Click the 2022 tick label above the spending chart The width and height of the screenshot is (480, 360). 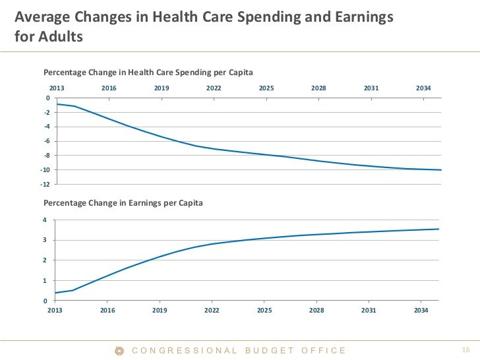coord(214,88)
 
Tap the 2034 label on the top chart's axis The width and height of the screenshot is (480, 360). coord(423,88)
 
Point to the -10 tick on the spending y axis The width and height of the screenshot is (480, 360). coord(45,169)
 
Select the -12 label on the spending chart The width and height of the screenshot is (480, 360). coord(45,184)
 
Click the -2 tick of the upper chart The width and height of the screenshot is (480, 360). coord(47,112)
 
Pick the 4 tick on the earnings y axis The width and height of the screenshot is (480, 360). coord(45,220)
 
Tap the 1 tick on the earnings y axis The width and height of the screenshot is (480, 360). coord(45,281)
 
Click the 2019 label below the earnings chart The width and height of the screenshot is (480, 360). coord(160,310)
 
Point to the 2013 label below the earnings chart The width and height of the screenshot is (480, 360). coord(55,310)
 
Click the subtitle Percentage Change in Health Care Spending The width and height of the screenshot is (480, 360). coord(148,71)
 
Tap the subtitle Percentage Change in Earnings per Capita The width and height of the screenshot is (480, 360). coord(123,203)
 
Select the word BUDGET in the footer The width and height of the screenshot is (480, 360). coord(270,350)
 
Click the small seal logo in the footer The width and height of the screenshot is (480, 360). coord(120,350)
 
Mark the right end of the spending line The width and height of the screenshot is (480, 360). coord(440,170)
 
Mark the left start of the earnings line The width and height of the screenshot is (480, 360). coord(55,293)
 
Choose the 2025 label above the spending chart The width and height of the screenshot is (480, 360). coord(266,88)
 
